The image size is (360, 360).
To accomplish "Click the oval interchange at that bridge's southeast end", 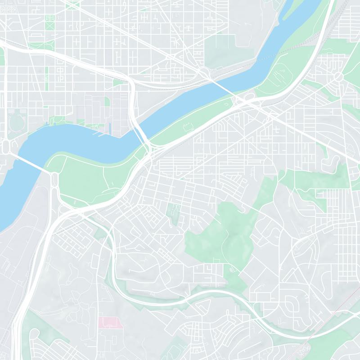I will (x=54, y=180).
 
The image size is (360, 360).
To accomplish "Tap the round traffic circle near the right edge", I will (x=338, y=77).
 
